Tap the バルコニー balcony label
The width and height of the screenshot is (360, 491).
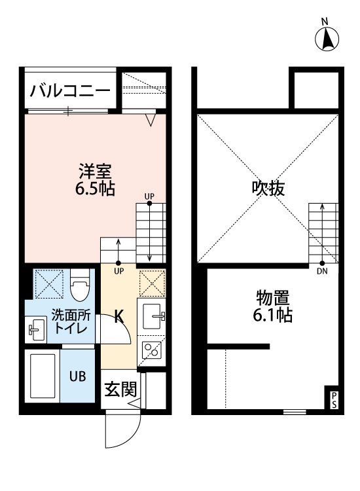[x=70, y=91]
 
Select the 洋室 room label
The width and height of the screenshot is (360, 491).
[x=95, y=172]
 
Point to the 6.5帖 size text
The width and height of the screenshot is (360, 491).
[x=95, y=189]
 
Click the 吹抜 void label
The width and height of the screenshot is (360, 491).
[x=268, y=189]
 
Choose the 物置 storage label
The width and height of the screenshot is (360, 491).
[x=273, y=298]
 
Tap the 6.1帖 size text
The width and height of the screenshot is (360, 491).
[x=273, y=315]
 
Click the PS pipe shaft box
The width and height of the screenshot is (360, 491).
[x=334, y=397]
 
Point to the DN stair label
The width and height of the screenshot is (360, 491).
[x=322, y=271]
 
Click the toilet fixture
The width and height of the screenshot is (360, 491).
[x=79, y=285]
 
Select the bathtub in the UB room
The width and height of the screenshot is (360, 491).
[x=43, y=376]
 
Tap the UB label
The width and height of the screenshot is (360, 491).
[x=77, y=376]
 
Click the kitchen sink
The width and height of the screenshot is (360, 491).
[x=152, y=316]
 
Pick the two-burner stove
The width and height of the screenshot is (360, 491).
[x=151, y=350]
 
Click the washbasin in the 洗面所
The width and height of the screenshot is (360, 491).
[x=36, y=330]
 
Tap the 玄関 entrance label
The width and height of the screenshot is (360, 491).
[x=121, y=390]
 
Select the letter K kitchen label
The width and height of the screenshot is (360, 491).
[x=118, y=316]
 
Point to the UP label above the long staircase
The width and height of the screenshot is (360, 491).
[x=149, y=196]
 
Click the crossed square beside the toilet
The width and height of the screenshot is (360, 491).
[x=48, y=284]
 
